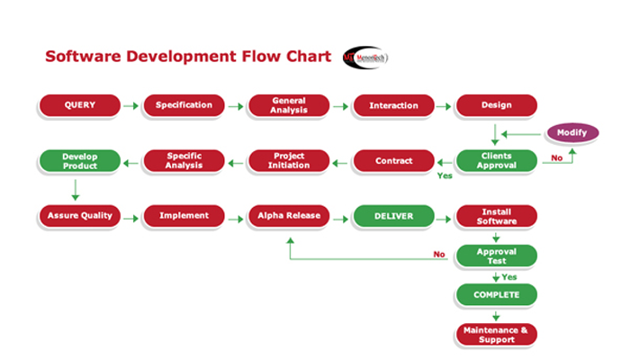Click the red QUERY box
click(79, 105)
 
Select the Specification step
click(184, 105)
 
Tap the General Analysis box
click(288, 105)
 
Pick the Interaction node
click(393, 105)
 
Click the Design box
click(496, 105)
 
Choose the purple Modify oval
click(571, 132)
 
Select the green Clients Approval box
click(496, 160)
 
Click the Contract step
click(393, 161)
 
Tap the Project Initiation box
click(288, 161)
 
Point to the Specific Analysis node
click(184, 161)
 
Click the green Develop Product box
click(79, 161)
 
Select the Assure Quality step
click(79, 216)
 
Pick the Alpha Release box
click(288, 216)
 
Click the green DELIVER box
click(393, 216)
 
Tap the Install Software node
click(496, 216)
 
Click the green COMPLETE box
click(496, 294)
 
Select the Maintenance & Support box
click(496, 334)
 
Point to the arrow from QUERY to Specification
click(130, 106)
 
